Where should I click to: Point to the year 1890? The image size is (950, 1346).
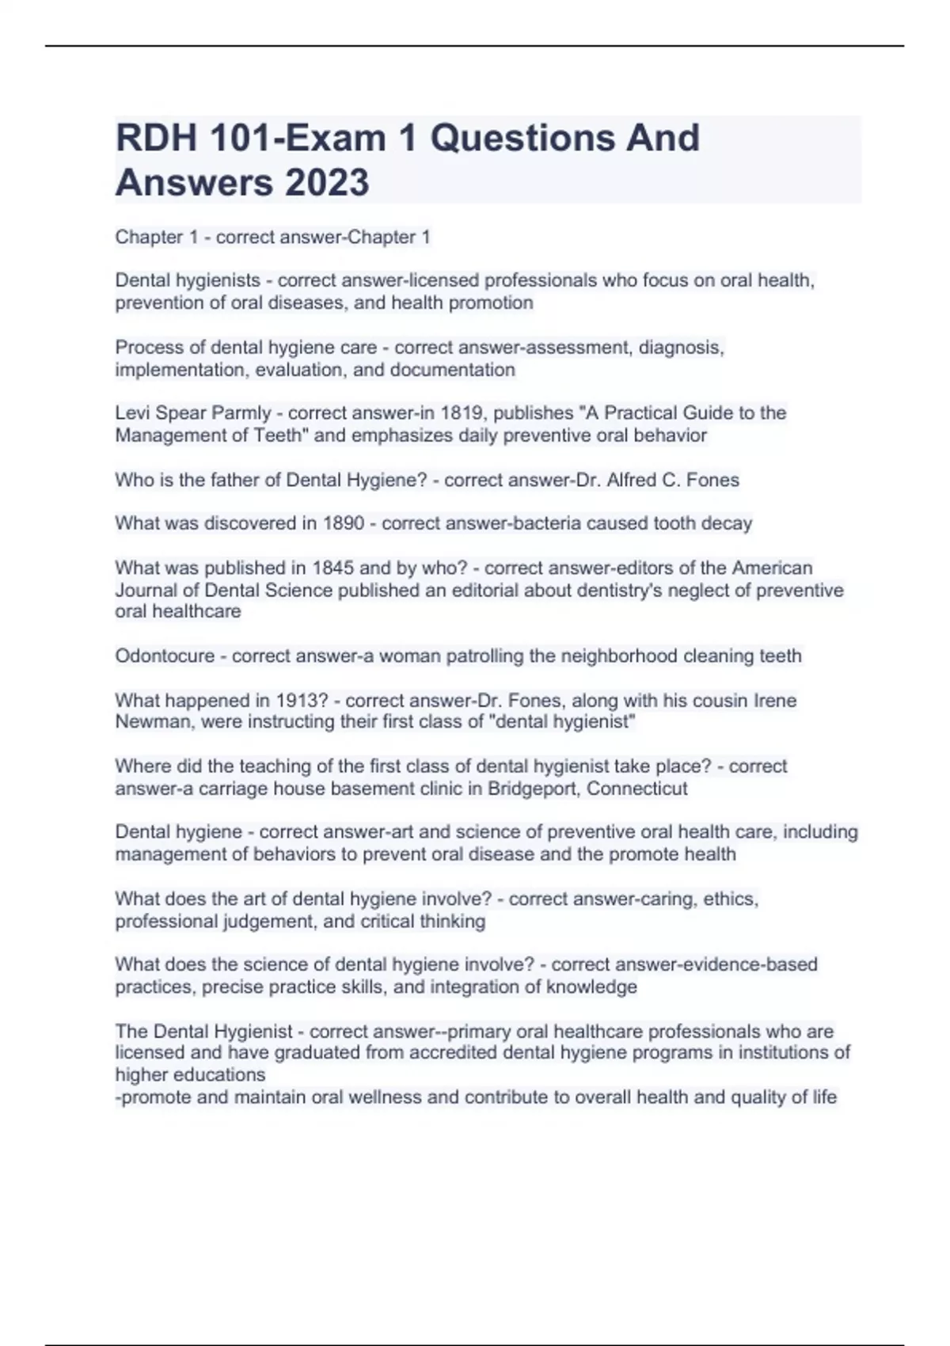[x=343, y=523]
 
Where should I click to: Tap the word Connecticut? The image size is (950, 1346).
[x=637, y=789]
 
